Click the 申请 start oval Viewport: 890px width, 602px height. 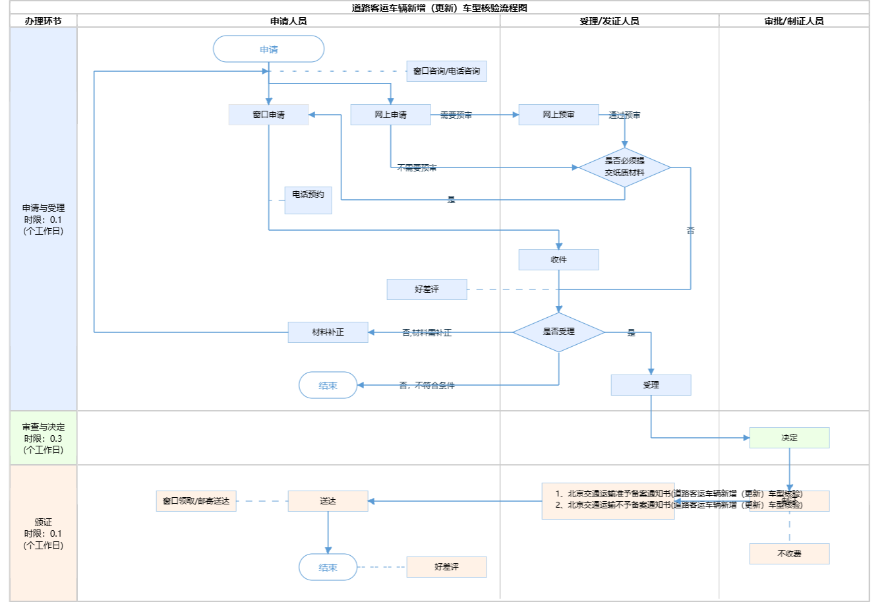pos(268,49)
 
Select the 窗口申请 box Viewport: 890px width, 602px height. pos(268,115)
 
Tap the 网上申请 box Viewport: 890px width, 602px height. pos(390,115)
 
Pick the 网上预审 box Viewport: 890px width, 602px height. pos(558,115)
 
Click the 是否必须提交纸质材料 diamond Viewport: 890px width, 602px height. pos(624,167)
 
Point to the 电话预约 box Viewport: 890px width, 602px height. pos(308,200)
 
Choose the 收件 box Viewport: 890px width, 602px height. pos(558,260)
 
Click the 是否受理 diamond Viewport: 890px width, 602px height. pos(558,332)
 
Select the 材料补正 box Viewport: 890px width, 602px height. pos(328,332)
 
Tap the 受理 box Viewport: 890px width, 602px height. pos(651,385)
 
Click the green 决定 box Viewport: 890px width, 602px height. pos(789,438)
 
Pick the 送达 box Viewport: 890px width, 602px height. pos(328,501)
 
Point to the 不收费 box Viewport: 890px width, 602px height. pos(789,554)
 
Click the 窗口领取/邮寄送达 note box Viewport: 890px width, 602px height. pos(196,501)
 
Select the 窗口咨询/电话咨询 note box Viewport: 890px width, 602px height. pos(446,71)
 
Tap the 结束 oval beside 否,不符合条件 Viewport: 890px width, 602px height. pos(328,386)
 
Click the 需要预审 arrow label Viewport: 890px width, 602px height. pos(456,115)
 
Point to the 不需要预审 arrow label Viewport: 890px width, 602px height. pos(417,168)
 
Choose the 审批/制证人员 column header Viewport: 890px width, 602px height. pos(794,21)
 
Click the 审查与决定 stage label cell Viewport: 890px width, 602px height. pos(44,438)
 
